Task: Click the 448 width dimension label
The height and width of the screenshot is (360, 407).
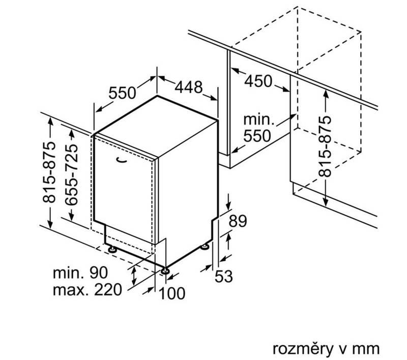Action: (189, 87)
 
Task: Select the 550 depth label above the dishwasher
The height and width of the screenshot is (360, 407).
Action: (123, 93)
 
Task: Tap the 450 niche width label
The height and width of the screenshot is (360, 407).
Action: (258, 81)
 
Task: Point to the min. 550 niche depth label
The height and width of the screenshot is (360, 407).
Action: (259, 129)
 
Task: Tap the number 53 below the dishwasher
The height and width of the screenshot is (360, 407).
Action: (223, 277)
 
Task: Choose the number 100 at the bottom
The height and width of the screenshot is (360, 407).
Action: (171, 293)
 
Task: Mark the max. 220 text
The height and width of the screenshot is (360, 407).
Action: (88, 291)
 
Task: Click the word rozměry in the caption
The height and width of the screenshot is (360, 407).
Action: (298, 348)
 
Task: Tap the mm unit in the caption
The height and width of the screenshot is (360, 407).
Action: (367, 348)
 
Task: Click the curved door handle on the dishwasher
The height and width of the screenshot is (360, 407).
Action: (122, 161)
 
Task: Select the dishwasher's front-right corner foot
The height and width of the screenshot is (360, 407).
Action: (165, 271)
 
